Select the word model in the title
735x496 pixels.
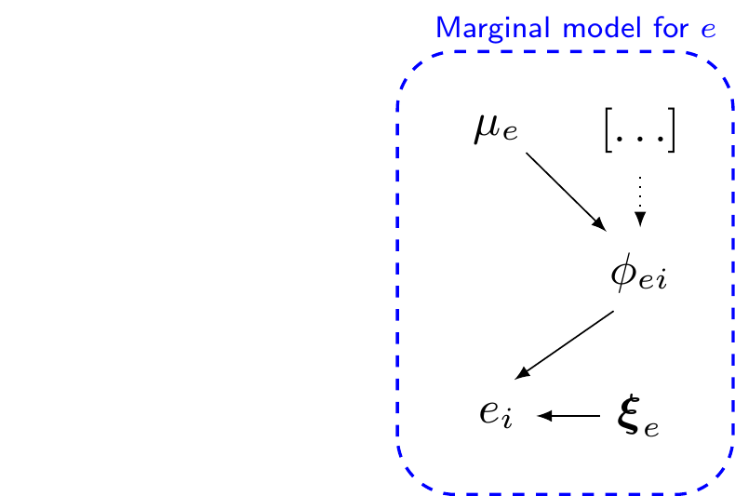(584, 28)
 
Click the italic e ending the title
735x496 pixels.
(709, 31)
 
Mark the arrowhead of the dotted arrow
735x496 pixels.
(640, 221)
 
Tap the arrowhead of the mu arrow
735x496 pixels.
(599, 226)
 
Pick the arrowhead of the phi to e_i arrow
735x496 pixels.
(523, 373)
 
